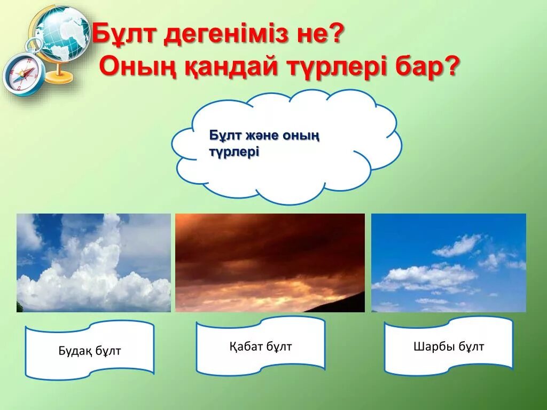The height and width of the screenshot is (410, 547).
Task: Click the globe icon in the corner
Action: coord(61,35)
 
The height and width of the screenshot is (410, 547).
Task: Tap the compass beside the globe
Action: coord(23,74)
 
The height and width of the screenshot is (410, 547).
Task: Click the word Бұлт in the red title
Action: coord(125,36)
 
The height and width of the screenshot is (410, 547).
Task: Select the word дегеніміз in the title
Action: coord(223,36)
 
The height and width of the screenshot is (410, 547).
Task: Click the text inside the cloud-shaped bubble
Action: coord(264,144)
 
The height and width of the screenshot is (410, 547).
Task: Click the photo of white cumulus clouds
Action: coord(93,263)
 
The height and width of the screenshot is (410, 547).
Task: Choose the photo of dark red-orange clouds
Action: coord(270,263)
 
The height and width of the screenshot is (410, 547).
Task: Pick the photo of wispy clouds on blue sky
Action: coord(448,263)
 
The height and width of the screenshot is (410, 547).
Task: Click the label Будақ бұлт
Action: coord(90,351)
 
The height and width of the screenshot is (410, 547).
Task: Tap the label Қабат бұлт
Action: coord(261,346)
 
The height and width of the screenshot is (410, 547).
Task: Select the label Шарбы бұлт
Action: coord(449,346)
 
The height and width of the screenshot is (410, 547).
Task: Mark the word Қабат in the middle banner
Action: coord(246,346)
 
